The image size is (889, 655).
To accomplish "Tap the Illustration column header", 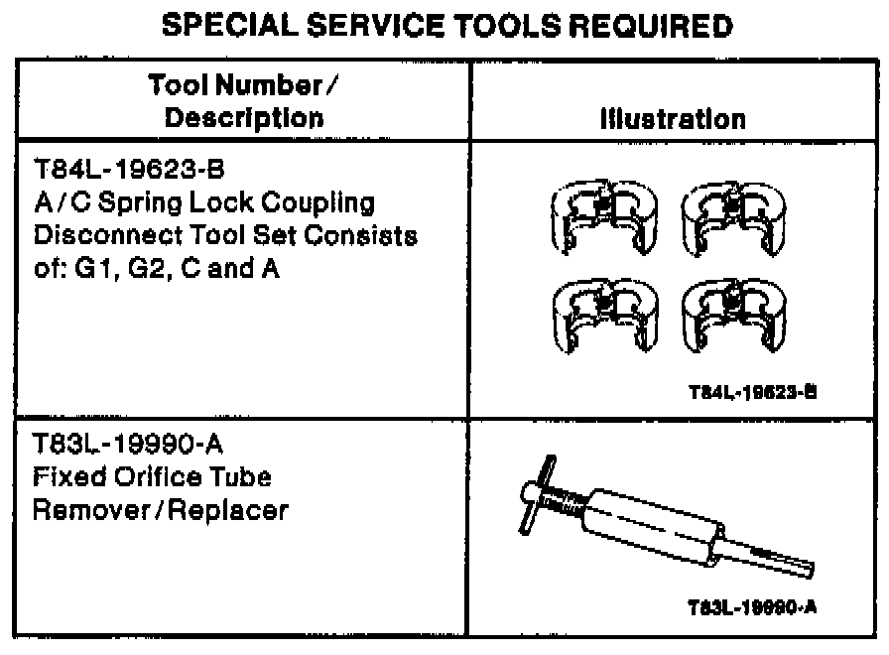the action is click(x=672, y=120).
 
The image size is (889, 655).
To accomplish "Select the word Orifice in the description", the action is click(x=148, y=477).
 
